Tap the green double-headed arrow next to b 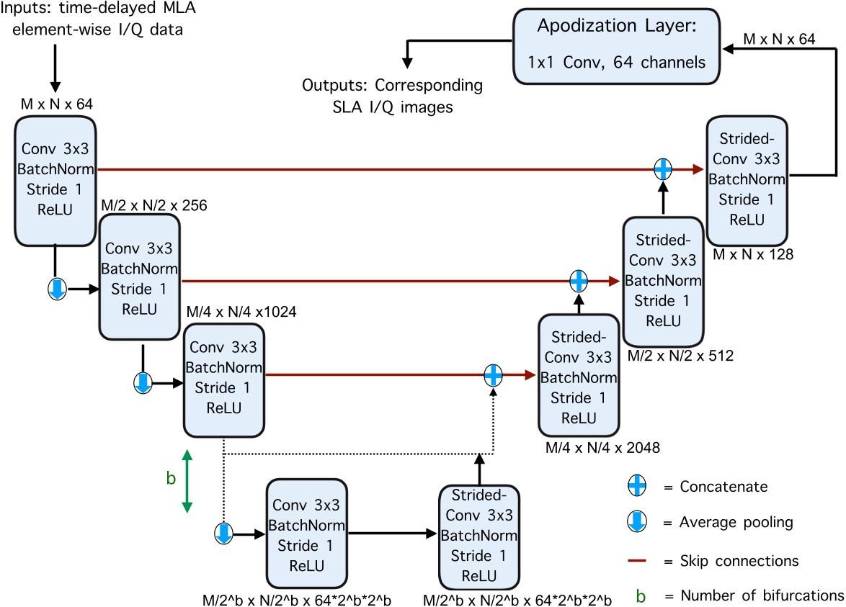point(187,481)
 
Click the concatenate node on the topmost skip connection point(663,169)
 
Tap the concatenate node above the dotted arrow point(493,374)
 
